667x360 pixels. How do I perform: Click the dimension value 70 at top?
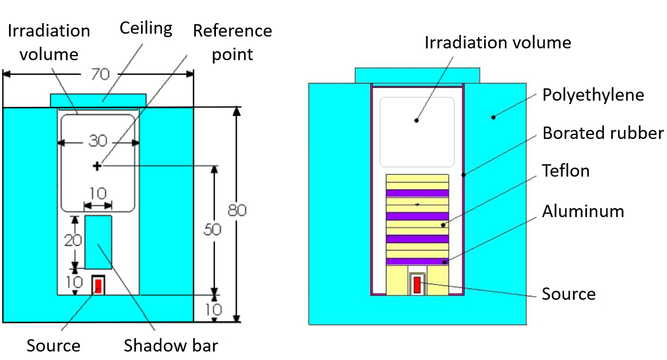pos(98,73)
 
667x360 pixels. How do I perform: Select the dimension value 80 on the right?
pos(236,211)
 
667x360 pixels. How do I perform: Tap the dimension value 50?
pos(214,229)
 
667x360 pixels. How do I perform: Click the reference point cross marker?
pos(97,165)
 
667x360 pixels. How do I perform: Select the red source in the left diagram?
pos(98,285)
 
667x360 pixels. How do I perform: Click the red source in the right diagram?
pos(417,285)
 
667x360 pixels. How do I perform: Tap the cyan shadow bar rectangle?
pos(98,242)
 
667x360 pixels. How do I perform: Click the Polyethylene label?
pos(593,94)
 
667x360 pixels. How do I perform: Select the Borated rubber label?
pos(603,133)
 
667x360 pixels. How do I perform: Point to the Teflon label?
pos(566,170)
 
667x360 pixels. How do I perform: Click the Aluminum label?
pos(583,211)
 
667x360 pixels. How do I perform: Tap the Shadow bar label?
pos(170,345)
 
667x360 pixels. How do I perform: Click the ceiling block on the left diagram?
pos(98,100)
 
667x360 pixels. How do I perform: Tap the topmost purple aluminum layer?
pos(417,193)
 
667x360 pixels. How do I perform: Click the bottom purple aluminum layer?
pos(417,261)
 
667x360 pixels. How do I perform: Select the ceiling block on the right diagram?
pos(417,75)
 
